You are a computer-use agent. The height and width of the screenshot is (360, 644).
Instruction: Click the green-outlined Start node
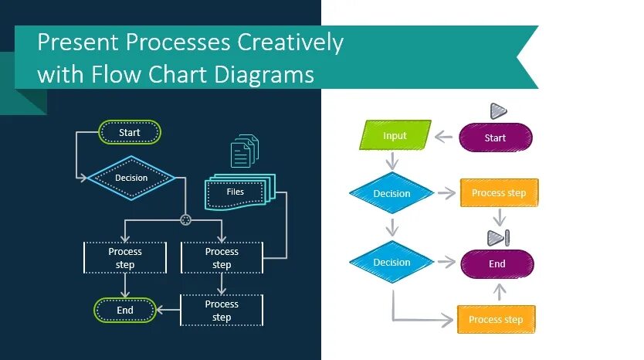tap(130, 132)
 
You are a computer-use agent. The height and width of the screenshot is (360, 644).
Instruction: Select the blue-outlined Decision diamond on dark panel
tap(131, 178)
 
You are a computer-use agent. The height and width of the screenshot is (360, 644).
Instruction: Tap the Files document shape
tap(236, 192)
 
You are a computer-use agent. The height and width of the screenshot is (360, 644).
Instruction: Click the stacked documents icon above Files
tap(245, 151)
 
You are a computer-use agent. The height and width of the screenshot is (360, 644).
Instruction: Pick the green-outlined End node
tap(125, 310)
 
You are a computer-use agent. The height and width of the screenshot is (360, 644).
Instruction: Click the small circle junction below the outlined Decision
tap(185, 220)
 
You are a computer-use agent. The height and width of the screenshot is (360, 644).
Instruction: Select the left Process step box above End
tap(125, 258)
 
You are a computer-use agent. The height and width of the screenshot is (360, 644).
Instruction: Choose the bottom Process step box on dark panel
tap(222, 310)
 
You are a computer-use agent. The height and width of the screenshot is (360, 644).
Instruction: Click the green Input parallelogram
tap(395, 136)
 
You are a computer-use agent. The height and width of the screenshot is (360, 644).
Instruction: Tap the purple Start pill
tap(495, 138)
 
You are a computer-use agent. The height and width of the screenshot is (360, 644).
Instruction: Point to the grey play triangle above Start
tap(497, 111)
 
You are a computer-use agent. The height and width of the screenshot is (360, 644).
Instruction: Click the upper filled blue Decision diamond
tap(391, 193)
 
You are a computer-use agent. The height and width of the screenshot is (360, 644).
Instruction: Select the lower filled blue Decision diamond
tap(391, 262)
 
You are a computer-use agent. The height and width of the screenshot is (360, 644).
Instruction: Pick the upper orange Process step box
tap(499, 193)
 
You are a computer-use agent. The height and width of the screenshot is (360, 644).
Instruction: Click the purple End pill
tap(497, 263)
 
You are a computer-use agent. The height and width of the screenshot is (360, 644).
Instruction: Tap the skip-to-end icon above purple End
tap(497, 236)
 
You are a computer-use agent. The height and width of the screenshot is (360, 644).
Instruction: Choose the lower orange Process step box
tap(496, 319)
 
